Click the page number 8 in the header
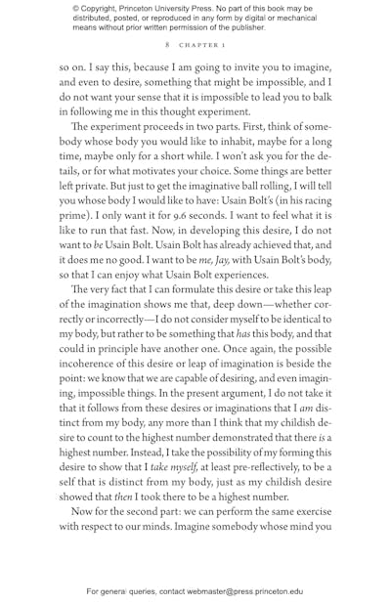[168, 45]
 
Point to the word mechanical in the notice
[292, 18]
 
